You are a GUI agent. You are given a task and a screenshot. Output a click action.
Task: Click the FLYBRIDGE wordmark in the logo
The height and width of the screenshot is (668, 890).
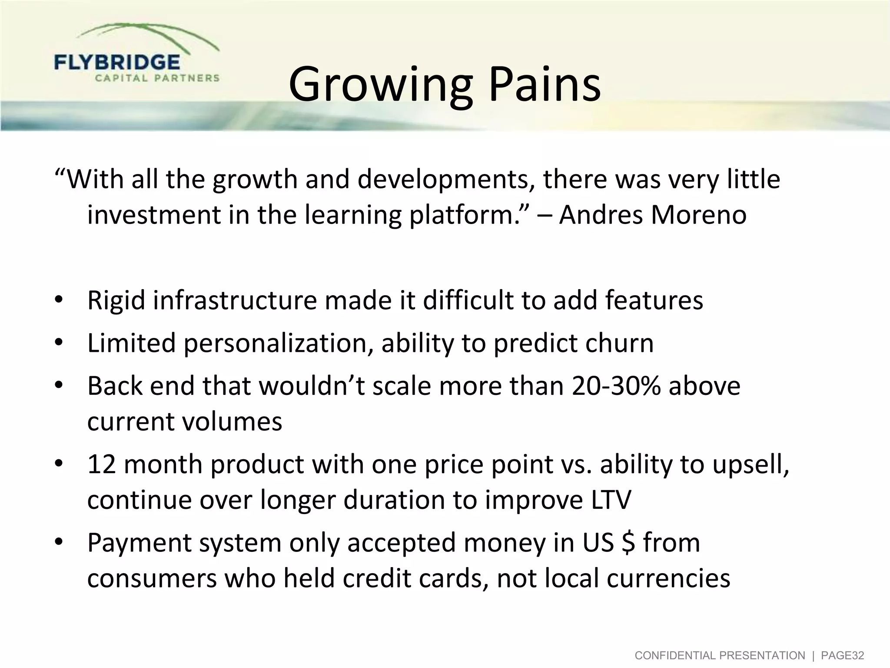tap(117, 62)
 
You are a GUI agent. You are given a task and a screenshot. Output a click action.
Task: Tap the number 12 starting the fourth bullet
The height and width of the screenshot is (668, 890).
tap(102, 464)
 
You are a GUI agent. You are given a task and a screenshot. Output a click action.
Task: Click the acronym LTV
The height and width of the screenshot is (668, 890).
tap(611, 500)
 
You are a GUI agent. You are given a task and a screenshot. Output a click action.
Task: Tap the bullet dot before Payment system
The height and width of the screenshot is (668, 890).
tap(60, 542)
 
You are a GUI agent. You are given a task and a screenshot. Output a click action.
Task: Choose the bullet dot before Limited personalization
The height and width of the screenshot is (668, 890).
tap(60, 343)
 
